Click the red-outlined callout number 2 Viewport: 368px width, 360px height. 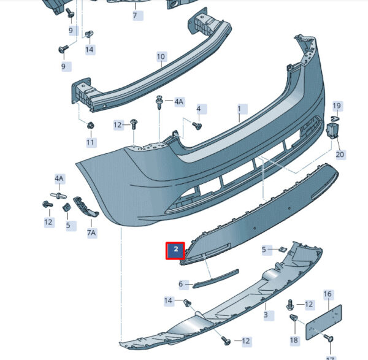click(175, 250)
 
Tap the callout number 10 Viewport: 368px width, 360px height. click(161, 56)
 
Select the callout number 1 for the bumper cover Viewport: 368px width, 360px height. click(240, 109)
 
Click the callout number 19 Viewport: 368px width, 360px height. click(337, 105)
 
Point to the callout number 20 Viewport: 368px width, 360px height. click(340, 155)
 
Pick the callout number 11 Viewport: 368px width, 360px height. click(90, 142)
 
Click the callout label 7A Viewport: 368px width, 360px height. click(91, 232)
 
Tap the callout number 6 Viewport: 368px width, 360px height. click(181, 284)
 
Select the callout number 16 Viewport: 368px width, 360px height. click(328, 294)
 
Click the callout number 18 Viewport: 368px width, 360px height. click(294, 340)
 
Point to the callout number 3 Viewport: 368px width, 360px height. click(266, 315)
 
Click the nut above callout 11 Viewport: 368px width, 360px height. click(91, 126)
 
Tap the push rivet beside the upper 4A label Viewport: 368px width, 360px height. click(160, 102)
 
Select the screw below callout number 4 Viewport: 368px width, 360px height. click(197, 126)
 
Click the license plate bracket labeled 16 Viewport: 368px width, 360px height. click(323, 322)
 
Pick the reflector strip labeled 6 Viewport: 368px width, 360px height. click(216, 278)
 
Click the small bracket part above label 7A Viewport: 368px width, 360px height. click(86, 207)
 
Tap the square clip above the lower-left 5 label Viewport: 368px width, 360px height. click(66, 207)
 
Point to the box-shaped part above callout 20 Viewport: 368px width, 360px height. click(333, 131)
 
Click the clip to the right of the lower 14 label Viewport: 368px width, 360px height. click(187, 303)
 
